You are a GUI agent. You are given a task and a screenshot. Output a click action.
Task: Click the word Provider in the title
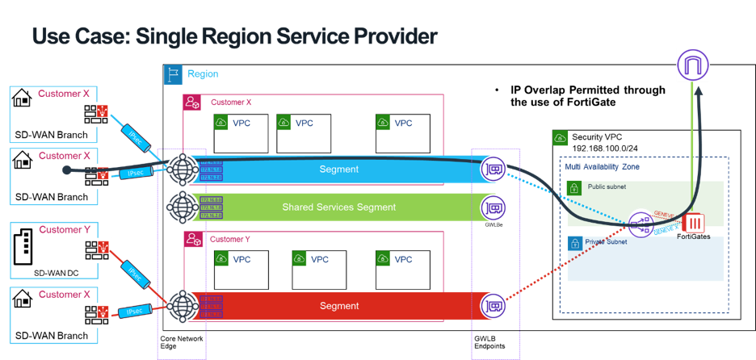pos(388,36)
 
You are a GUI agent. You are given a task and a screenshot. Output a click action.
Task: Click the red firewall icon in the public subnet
pos(694,224)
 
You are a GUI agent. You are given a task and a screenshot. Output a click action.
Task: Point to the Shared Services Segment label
pos(339,207)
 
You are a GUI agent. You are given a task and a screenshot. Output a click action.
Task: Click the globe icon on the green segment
pos(183,207)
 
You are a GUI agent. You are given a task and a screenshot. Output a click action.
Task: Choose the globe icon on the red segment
pos(183,306)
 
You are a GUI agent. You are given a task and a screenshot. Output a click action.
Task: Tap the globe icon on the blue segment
pos(183,170)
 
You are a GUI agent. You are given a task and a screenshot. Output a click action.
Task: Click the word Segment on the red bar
pos(339,306)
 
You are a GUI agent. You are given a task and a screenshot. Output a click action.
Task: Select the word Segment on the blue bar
pos(339,170)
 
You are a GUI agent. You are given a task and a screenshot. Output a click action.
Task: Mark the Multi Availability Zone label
pos(598,166)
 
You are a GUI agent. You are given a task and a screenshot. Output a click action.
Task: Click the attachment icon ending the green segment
pos(493,207)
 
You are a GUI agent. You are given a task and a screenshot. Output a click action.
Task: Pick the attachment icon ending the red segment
pos(493,306)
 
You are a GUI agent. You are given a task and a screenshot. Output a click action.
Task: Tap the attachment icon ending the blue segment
pos(493,170)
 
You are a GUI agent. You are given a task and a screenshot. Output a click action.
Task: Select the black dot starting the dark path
pos(66,170)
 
